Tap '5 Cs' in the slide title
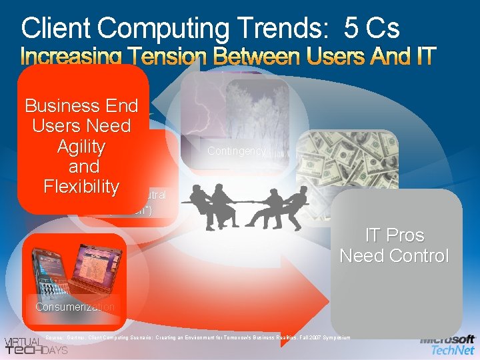point(372,28)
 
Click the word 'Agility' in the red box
point(81,146)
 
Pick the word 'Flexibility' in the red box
point(81,186)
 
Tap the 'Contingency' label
point(236,151)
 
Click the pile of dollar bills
point(347,160)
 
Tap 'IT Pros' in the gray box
point(395,235)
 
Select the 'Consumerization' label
point(75,307)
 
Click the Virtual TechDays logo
point(37,343)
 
